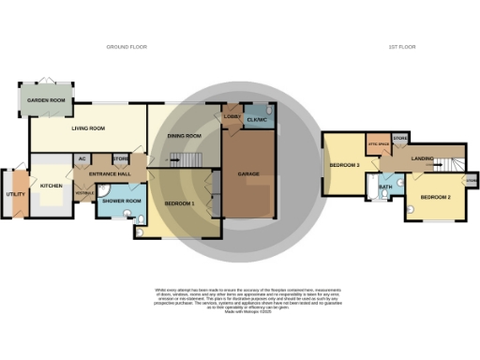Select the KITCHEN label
click(51, 186)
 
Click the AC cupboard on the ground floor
click(82, 158)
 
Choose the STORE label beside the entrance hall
click(120, 158)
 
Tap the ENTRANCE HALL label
click(109, 175)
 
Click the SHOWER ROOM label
click(121, 202)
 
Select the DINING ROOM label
click(185, 137)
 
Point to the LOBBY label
click(232, 116)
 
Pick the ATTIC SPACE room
click(378, 143)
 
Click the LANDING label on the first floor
click(422, 159)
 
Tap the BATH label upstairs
click(384, 187)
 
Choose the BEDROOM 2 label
click(436, 198)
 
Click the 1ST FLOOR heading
click(404, 46)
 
